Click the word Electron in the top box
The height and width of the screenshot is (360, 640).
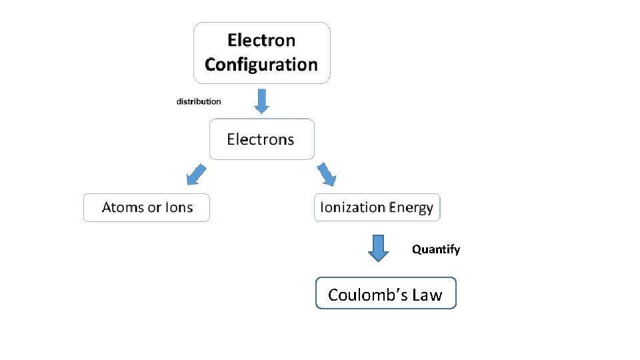[x=261, y=40]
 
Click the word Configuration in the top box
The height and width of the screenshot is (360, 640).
[x=261, y=65]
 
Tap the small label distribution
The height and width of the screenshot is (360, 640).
[x=199, y=101]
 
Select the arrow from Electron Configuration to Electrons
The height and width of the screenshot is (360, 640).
[x=261, y=100]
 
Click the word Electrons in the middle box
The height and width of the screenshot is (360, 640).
[x=260, y=139]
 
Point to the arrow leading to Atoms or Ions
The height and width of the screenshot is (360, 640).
[x=195, y=175]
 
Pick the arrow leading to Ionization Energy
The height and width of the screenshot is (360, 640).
[x=327, y=174]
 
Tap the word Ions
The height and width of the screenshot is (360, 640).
[x=179, y=207]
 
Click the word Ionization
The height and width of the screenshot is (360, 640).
[x=353, y=207]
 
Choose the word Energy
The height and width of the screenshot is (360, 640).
[x=411, y=207]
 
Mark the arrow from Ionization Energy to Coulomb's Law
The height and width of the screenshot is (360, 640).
[x=379, y=247]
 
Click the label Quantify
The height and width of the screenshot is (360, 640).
[x=436, y=249]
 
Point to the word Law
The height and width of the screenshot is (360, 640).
[x=427, y=295]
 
